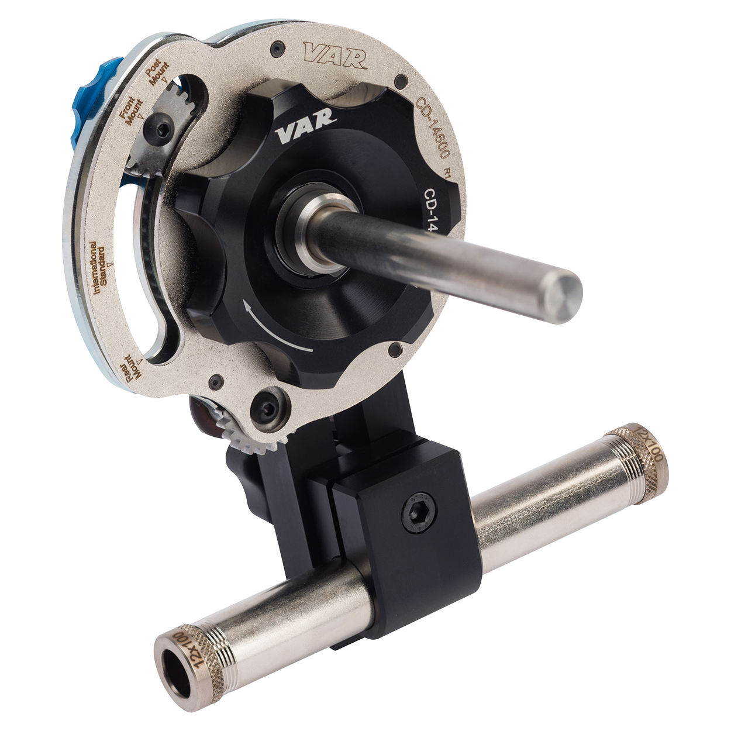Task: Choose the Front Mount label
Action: click(x=132, y=109)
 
